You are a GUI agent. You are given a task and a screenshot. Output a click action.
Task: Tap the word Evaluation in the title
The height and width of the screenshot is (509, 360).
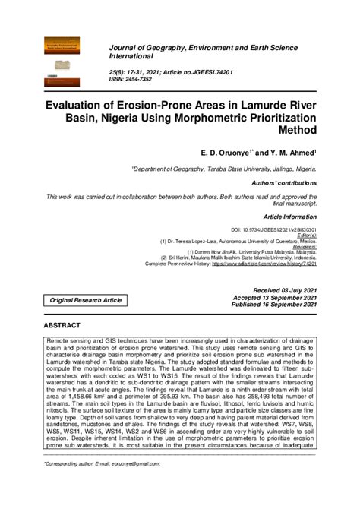tap(84, 104)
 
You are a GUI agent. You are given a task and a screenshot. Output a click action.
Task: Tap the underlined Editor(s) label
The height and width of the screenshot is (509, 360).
tap(304, 236)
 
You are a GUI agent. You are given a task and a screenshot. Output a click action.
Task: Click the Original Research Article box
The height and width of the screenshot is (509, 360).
tap(85, 301)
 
